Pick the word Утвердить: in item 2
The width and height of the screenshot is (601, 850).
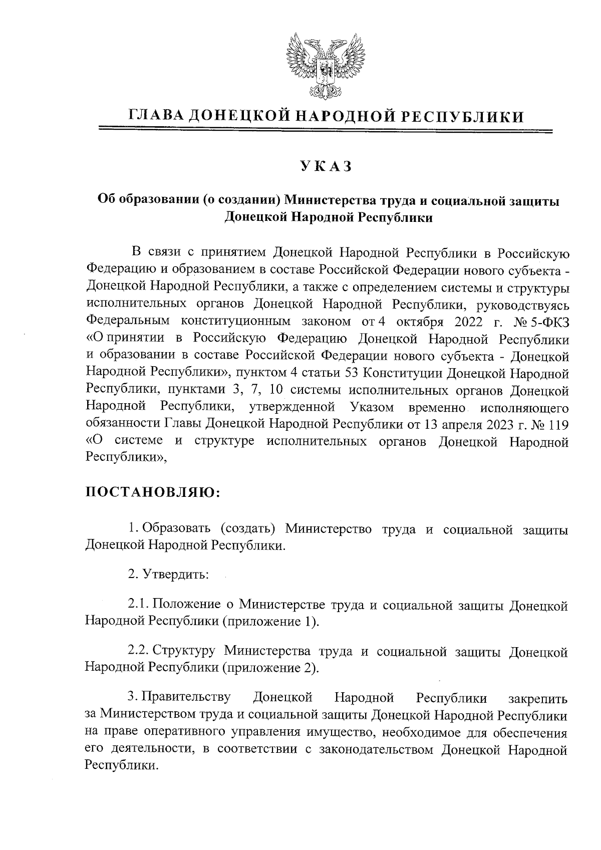175,575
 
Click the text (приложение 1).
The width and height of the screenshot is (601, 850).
270,622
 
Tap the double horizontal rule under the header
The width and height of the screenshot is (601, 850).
326,131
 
